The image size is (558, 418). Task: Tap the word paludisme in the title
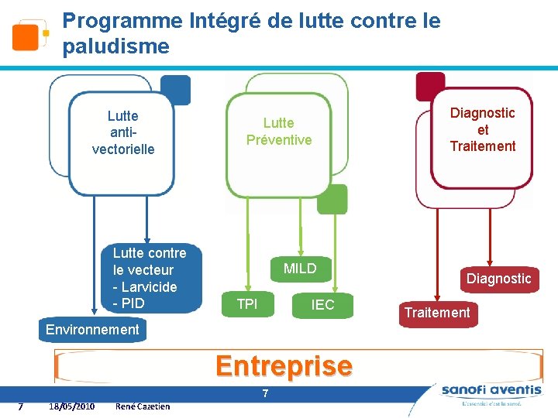tap(115, 46)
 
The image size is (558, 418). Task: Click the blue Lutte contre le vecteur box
tap(150, 278)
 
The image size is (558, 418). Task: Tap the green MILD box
tap(300, 269)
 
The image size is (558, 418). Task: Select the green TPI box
tap(247, 304)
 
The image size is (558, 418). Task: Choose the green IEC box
tap(322, 305)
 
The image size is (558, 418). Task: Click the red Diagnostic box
tap(498, 279)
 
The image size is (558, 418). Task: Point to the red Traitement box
tap(435, 313)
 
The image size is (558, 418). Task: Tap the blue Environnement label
tap(92, 330)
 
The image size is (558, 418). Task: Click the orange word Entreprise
tap(284, 365)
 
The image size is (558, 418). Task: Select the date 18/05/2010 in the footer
tap(71, 406)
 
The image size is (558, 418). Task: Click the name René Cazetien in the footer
tap(142, 406)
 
